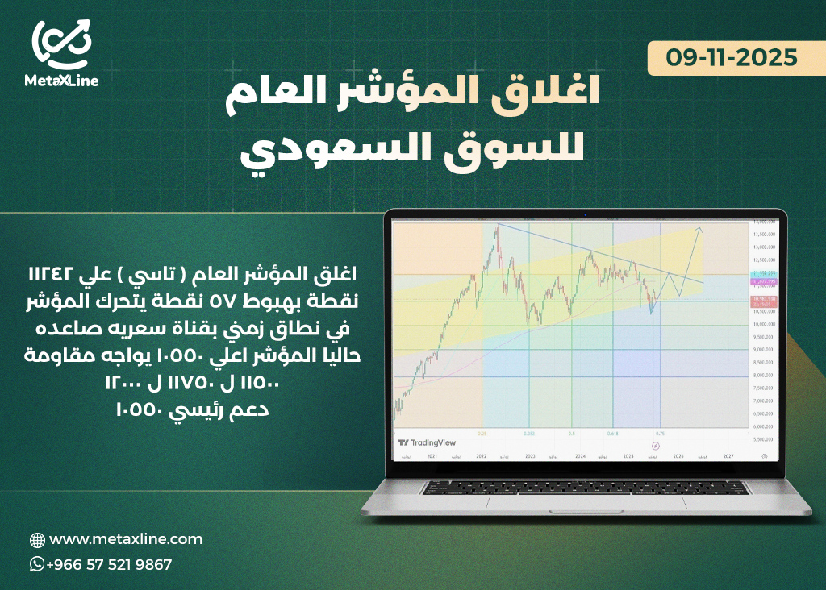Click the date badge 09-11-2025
(x=732, y=58)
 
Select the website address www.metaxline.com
(x=126, y=539)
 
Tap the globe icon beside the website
(x=37, y=540)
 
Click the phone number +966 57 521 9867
(x=109, y=564)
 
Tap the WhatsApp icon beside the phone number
(x=37, y=564)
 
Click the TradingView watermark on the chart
(x=428, y=442)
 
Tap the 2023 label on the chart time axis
(x=530, y=456)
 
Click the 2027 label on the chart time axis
(x=729, y=456)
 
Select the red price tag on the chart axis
(x=763, y=301)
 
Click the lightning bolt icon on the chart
(x=656, y=444)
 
